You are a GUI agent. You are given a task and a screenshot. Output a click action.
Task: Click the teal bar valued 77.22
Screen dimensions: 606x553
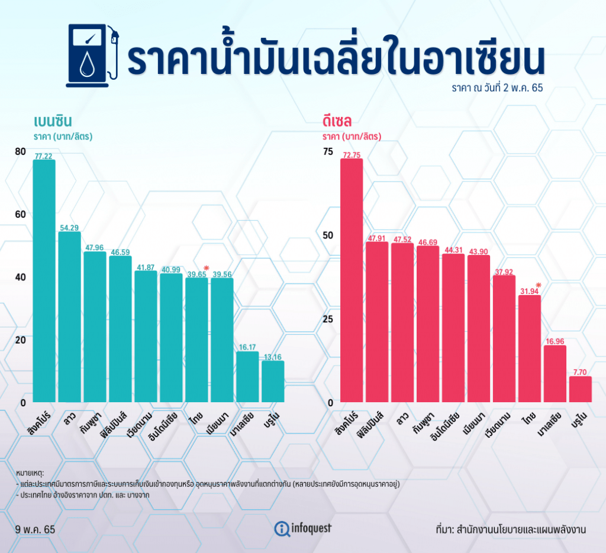[x=44, y=281]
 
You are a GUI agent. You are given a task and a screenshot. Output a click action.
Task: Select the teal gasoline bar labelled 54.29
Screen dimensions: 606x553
[x=70, y=316]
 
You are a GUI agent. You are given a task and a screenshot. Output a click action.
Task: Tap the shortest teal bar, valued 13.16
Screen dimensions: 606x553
[x=273, y=381]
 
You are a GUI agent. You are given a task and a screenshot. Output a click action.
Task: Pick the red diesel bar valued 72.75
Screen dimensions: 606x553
[x=352, y=280]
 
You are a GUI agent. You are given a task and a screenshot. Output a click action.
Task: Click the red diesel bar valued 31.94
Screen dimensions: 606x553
[x=530, y=349]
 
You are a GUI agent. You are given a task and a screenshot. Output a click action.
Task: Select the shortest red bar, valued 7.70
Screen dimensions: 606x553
[x=581, y=389]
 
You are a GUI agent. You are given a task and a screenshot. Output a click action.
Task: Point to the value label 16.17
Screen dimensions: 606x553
[x=247, y=347]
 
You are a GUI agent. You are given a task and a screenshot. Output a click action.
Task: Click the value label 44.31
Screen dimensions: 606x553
[x=453, y=250]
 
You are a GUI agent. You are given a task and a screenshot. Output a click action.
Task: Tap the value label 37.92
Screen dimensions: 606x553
[x=504, y=272]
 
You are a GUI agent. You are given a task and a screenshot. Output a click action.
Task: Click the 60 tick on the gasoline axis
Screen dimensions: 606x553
[x=21, y=214]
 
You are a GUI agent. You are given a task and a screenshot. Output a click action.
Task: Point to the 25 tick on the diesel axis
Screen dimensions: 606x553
[x=328, y=319]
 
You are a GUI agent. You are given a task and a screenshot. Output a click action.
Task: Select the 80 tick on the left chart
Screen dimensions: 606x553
[x=21, y=151]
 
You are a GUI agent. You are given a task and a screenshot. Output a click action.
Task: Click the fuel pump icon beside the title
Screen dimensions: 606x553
[x=93, y=56]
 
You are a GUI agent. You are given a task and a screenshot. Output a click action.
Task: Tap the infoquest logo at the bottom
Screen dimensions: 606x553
[x=303, y=528]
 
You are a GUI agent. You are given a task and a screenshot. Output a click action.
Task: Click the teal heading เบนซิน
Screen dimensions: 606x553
[x=53, y=121]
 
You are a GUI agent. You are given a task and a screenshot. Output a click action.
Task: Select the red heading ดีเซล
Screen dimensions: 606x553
[x=337, y=121]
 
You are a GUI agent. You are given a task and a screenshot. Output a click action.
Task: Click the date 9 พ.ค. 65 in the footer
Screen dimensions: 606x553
[x=35, y=529]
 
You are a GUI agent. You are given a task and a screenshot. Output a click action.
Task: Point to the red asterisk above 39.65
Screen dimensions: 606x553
[x=207, y=268]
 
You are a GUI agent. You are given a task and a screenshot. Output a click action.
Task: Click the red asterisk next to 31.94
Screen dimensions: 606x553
[x=539, y=286]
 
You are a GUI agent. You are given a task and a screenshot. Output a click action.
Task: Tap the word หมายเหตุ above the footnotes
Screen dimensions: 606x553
[x=30, y=473]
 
